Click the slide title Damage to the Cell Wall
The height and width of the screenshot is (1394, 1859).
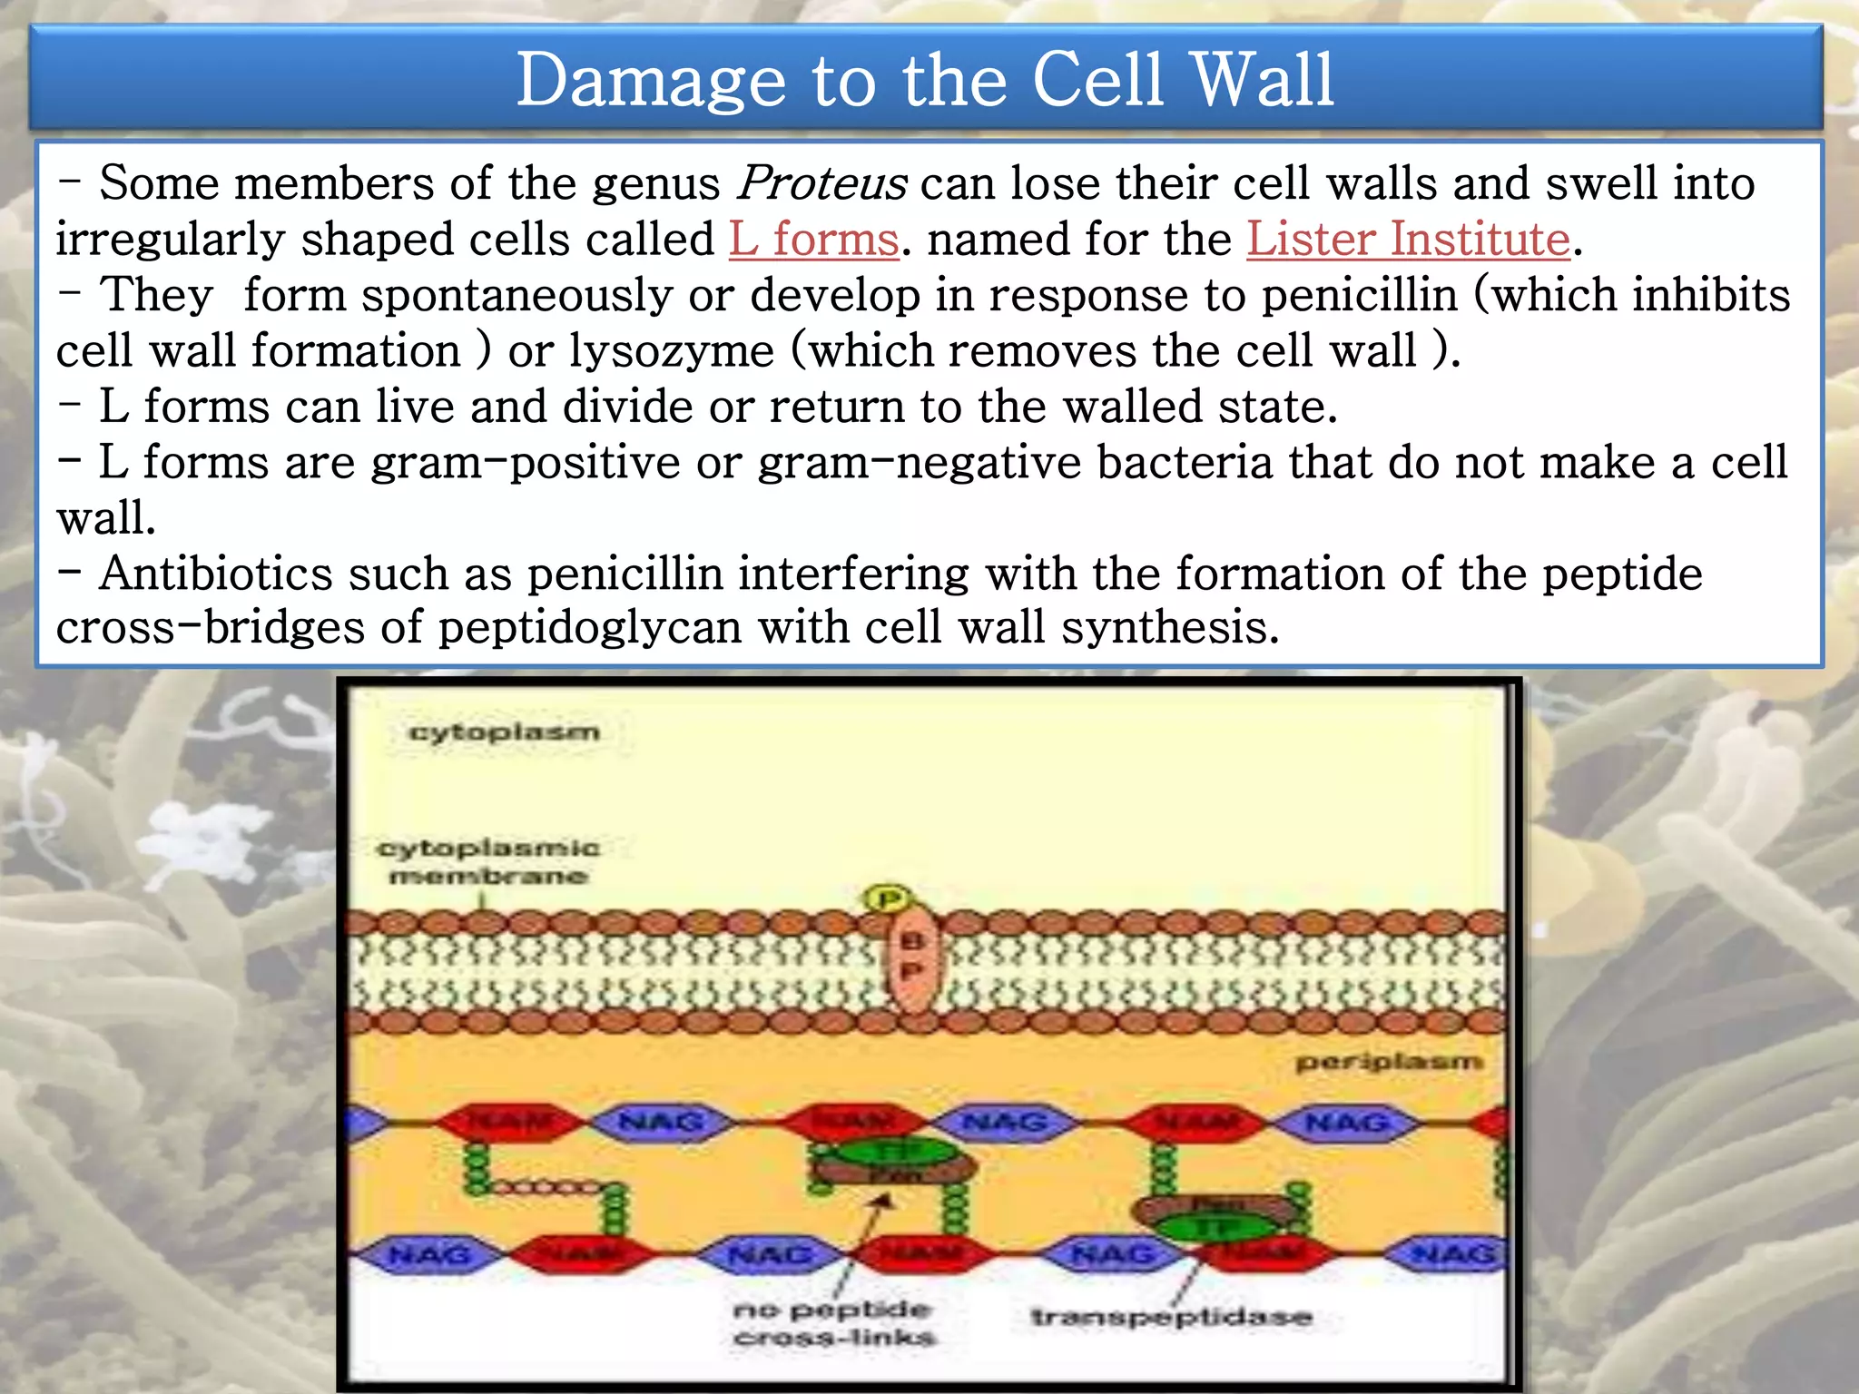(x=925, y=80)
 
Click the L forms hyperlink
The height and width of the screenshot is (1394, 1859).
(x=813, y=240)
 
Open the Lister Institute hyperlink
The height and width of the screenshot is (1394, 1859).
(x=1408, y=240)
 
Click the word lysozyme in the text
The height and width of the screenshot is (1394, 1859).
(x=672, y=351)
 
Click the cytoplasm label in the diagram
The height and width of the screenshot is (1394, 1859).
(x=505, y=731)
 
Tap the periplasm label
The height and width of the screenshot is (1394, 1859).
(x=1389, y=1061)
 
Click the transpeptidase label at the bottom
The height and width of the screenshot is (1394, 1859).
(x=1171, y=1316)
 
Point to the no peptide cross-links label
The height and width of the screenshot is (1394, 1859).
(x=833, y=1322)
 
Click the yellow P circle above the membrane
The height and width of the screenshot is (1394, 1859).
(x=887, y=899)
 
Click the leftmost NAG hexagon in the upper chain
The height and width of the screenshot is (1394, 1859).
(x=661, y=1123)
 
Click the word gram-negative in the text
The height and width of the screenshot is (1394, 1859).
(x=920, y=462)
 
